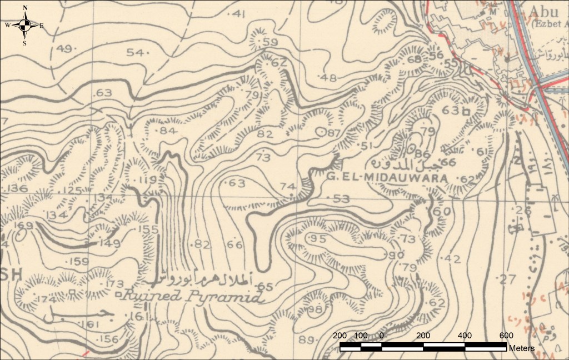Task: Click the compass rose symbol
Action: [25, 25]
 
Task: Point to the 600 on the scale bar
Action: [506, 336]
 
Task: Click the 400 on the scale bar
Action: [465, 336]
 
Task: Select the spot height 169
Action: [24, 226]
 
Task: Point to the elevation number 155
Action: [148, 229]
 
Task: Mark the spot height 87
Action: [333, 133]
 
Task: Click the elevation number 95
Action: [317, 238]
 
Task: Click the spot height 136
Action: [16, 189]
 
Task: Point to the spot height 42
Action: [453, 259]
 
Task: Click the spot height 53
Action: [341, 198]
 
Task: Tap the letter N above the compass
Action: [25, 8]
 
